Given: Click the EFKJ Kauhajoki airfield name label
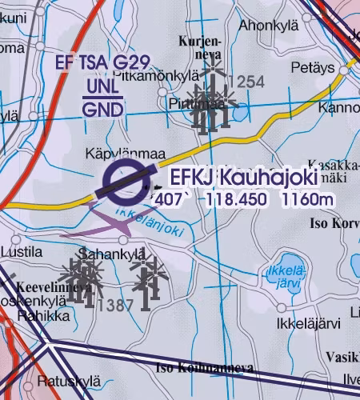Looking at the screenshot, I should pos(244,176).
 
